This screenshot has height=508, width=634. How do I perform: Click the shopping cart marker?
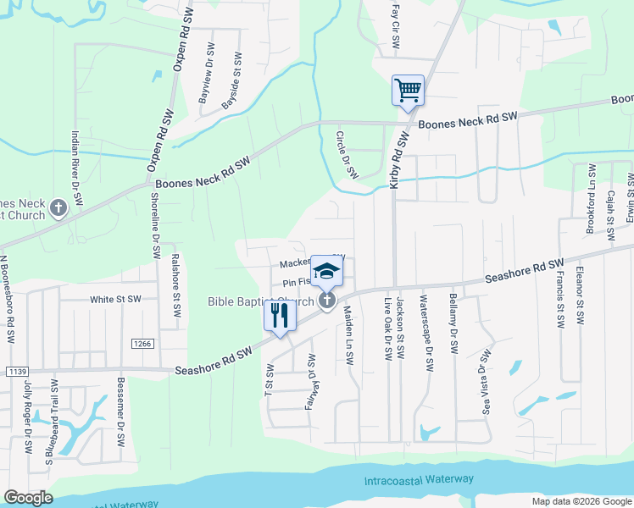point(408,90)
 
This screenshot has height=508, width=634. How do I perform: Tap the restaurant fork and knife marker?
point(280,315)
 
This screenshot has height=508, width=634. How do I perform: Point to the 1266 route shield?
point(142,343)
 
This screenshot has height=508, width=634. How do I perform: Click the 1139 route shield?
point(16,371)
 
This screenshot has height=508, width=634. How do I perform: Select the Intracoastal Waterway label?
point(419,480)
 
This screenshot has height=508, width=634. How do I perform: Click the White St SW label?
point(115,300)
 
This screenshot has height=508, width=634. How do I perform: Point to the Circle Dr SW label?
point(346,153)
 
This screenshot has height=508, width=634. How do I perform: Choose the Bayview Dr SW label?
point(206,78)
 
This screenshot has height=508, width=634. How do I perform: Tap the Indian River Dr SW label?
point(76,167)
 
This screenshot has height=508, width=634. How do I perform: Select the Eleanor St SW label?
point(580,295)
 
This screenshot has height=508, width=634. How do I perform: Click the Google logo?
point(29,498)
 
